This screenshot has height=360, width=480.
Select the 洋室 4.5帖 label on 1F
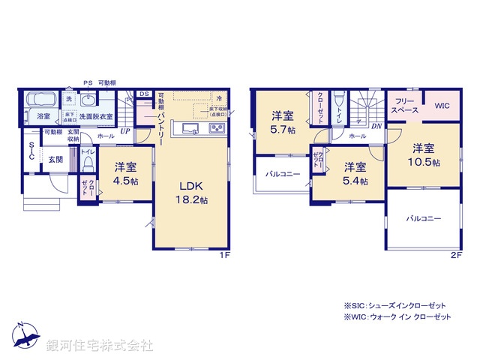click(x=126, y=174)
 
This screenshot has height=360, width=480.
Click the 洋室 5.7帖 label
click(x=283, y=122)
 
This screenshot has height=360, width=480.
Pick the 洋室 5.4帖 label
click(x=355, y=174)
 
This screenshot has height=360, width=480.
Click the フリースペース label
click(x=404, y=105)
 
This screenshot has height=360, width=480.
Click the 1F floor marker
click(x=223, y=255)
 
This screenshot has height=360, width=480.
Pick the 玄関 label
click(x=55, y=160)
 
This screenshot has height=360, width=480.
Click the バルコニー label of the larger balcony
click(x=424, y=219)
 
